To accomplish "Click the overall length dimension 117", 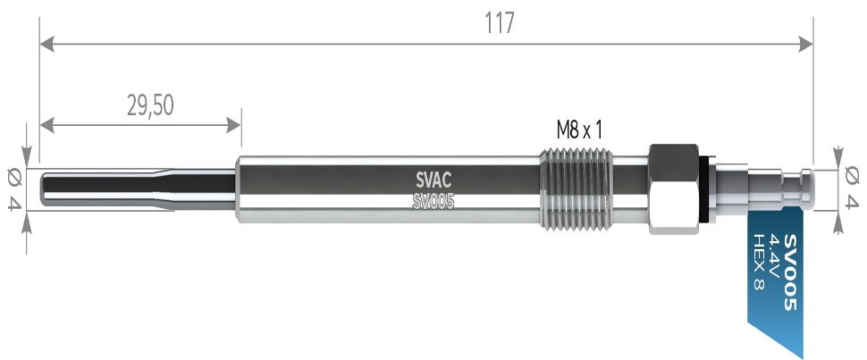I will pyautogui.click(x=501, y=22).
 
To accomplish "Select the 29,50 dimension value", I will pyautogui.click(x=149, y=106).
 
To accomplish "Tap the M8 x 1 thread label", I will pyautogui.click(x=579, y=130).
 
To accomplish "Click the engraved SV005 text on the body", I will pyautogui.click(x=433, y=202).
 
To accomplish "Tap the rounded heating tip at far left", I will pyautogui.click(x=47, y=190).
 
